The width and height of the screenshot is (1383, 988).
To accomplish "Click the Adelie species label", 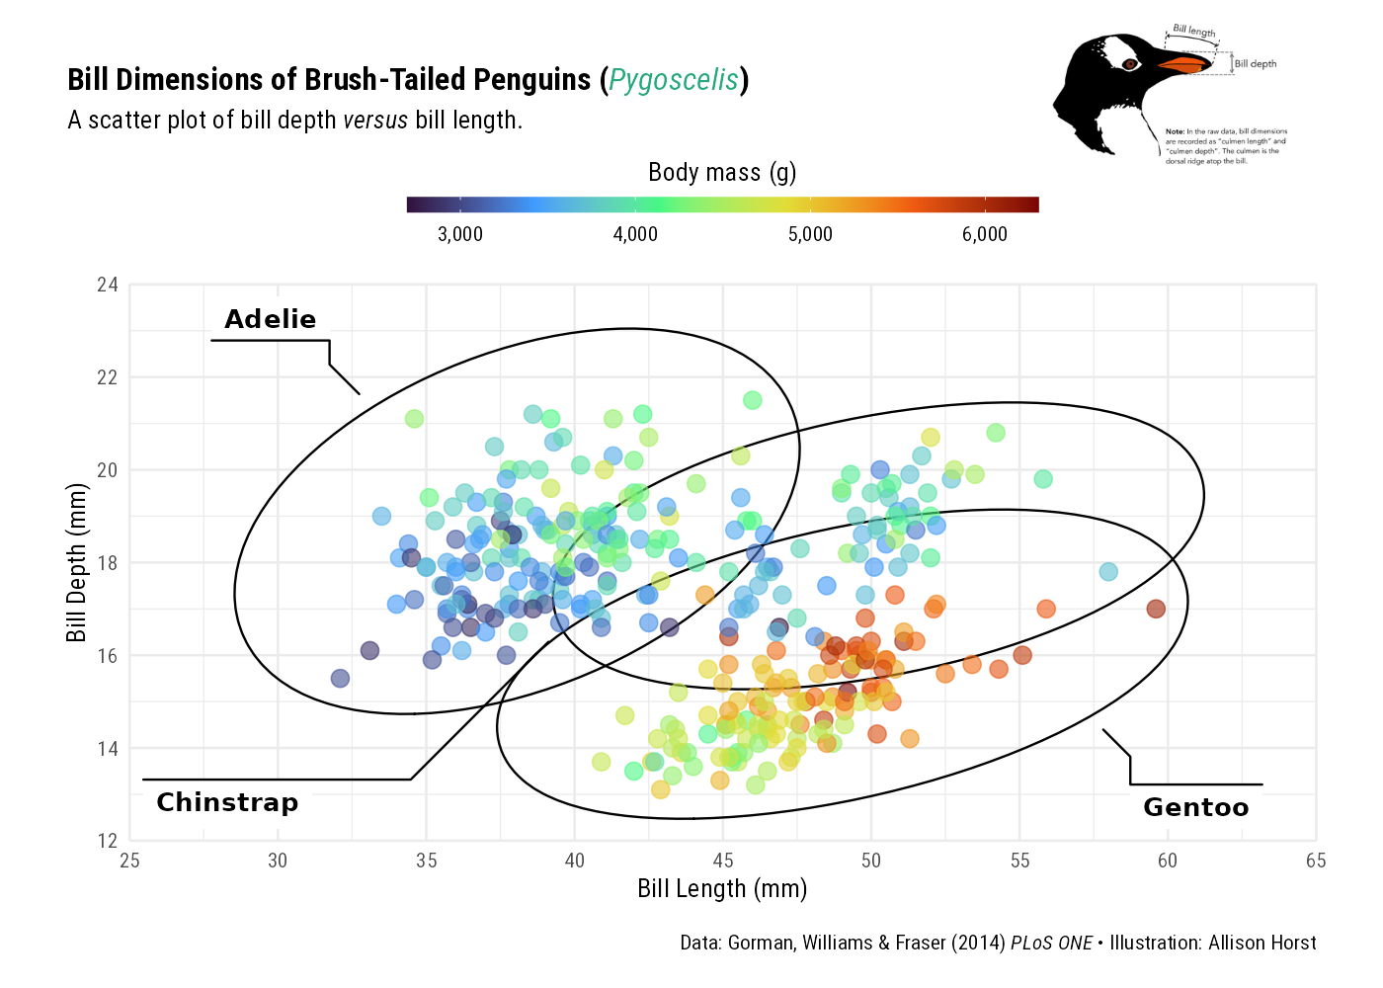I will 270,319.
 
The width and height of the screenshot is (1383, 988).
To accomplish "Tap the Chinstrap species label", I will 227,802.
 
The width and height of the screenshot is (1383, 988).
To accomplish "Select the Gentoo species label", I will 1195,807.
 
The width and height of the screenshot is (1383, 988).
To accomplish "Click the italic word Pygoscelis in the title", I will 674,80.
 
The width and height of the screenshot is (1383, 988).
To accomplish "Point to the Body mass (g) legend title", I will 722,173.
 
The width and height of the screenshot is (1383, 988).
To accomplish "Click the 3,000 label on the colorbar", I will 460,234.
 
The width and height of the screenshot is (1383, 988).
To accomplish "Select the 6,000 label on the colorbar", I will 985,234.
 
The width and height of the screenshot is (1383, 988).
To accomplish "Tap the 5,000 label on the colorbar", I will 810,234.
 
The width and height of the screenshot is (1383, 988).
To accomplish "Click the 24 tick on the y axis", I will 108,286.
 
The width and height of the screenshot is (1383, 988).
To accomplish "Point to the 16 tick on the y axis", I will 108,656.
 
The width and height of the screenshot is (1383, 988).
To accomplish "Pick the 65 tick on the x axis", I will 1316,861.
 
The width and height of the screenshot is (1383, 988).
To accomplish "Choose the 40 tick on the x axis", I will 575,861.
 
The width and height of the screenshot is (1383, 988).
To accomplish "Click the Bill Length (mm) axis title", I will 722,889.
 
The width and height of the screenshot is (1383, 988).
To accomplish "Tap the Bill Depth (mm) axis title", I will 77,563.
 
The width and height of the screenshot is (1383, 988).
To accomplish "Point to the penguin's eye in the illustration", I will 1130,64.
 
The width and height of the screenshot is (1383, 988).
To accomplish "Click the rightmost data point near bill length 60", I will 1156,609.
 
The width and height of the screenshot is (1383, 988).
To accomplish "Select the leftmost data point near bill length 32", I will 340,679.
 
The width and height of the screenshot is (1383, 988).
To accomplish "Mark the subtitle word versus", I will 375,121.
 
